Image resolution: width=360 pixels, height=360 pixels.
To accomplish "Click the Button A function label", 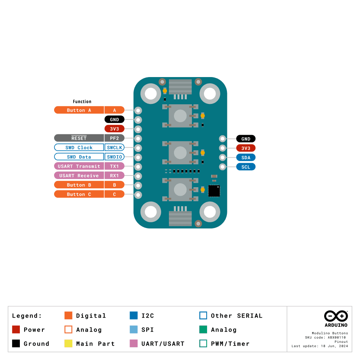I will coord(79,110).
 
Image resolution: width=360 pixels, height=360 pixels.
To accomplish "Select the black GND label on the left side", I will coord(114,119).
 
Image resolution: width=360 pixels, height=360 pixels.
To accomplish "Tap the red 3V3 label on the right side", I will coord(246,148).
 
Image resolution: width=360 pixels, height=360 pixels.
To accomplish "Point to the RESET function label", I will coord(79,138).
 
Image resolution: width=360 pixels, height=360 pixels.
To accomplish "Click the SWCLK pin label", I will coord(114,148).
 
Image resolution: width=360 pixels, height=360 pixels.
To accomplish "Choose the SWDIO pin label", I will coord(114,157).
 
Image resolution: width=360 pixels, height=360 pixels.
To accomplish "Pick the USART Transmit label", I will coord(79,166).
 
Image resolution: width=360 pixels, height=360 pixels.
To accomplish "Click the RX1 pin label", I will coord(114,176).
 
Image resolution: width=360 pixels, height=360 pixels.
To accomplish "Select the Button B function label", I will coord(79,185).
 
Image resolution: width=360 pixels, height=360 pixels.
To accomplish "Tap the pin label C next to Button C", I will coord(114,194).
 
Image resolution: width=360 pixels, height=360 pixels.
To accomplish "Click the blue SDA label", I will coord(246,158).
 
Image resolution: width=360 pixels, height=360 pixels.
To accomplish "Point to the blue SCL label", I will coord(246,167).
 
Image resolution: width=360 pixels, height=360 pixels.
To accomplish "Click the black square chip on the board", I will coord(214,191).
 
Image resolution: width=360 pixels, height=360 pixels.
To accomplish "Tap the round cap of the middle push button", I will coord(180,153).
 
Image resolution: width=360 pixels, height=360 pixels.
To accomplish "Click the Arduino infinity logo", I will coord(336,316).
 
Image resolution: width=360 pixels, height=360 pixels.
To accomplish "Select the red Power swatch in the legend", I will coord(16,330).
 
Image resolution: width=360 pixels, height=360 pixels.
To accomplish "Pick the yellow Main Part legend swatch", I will coord(68,344).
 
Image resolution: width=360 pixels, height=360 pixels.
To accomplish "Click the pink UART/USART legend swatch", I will coord(133,344).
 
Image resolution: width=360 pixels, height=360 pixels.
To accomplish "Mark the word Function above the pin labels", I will coord(82,102).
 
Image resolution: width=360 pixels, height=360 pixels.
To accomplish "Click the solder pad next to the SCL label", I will coord(223,167).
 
